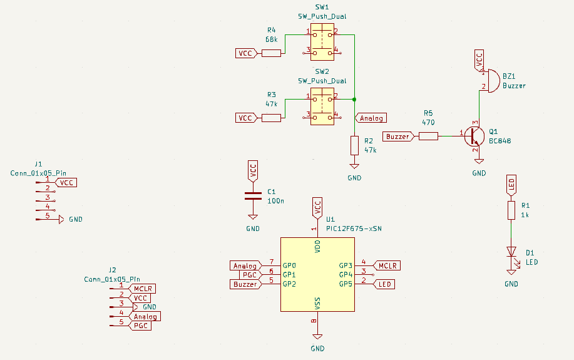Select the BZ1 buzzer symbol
coord(492,80)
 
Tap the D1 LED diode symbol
coord(511,252)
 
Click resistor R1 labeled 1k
coord(511,210)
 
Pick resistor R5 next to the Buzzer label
coord(428,136)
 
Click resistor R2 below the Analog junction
coord(354,146)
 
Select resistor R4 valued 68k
coord(271,53)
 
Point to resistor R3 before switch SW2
coord(271,118)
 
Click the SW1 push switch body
coord(322,41)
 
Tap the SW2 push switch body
coord(322,106)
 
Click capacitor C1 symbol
coord(253,195)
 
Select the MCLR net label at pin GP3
coord(388,265)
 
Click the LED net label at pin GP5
coord(386,284)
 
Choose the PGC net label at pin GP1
coord(249,275)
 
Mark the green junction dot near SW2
coord(354,100)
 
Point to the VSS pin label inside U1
coord(318,303)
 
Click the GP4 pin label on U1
coord(346,275)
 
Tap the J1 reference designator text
coord(39,163)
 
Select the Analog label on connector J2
coord(145,317)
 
